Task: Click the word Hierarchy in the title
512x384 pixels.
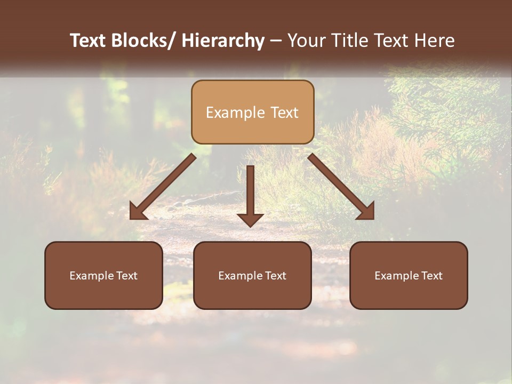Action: pos(223,41)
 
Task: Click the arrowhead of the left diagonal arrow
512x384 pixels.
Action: pos(138,212)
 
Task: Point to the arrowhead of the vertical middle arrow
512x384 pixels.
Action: pos(250,220)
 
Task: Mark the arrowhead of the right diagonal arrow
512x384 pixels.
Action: pos(366,212)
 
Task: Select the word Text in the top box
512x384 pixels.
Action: pos(283,113)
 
